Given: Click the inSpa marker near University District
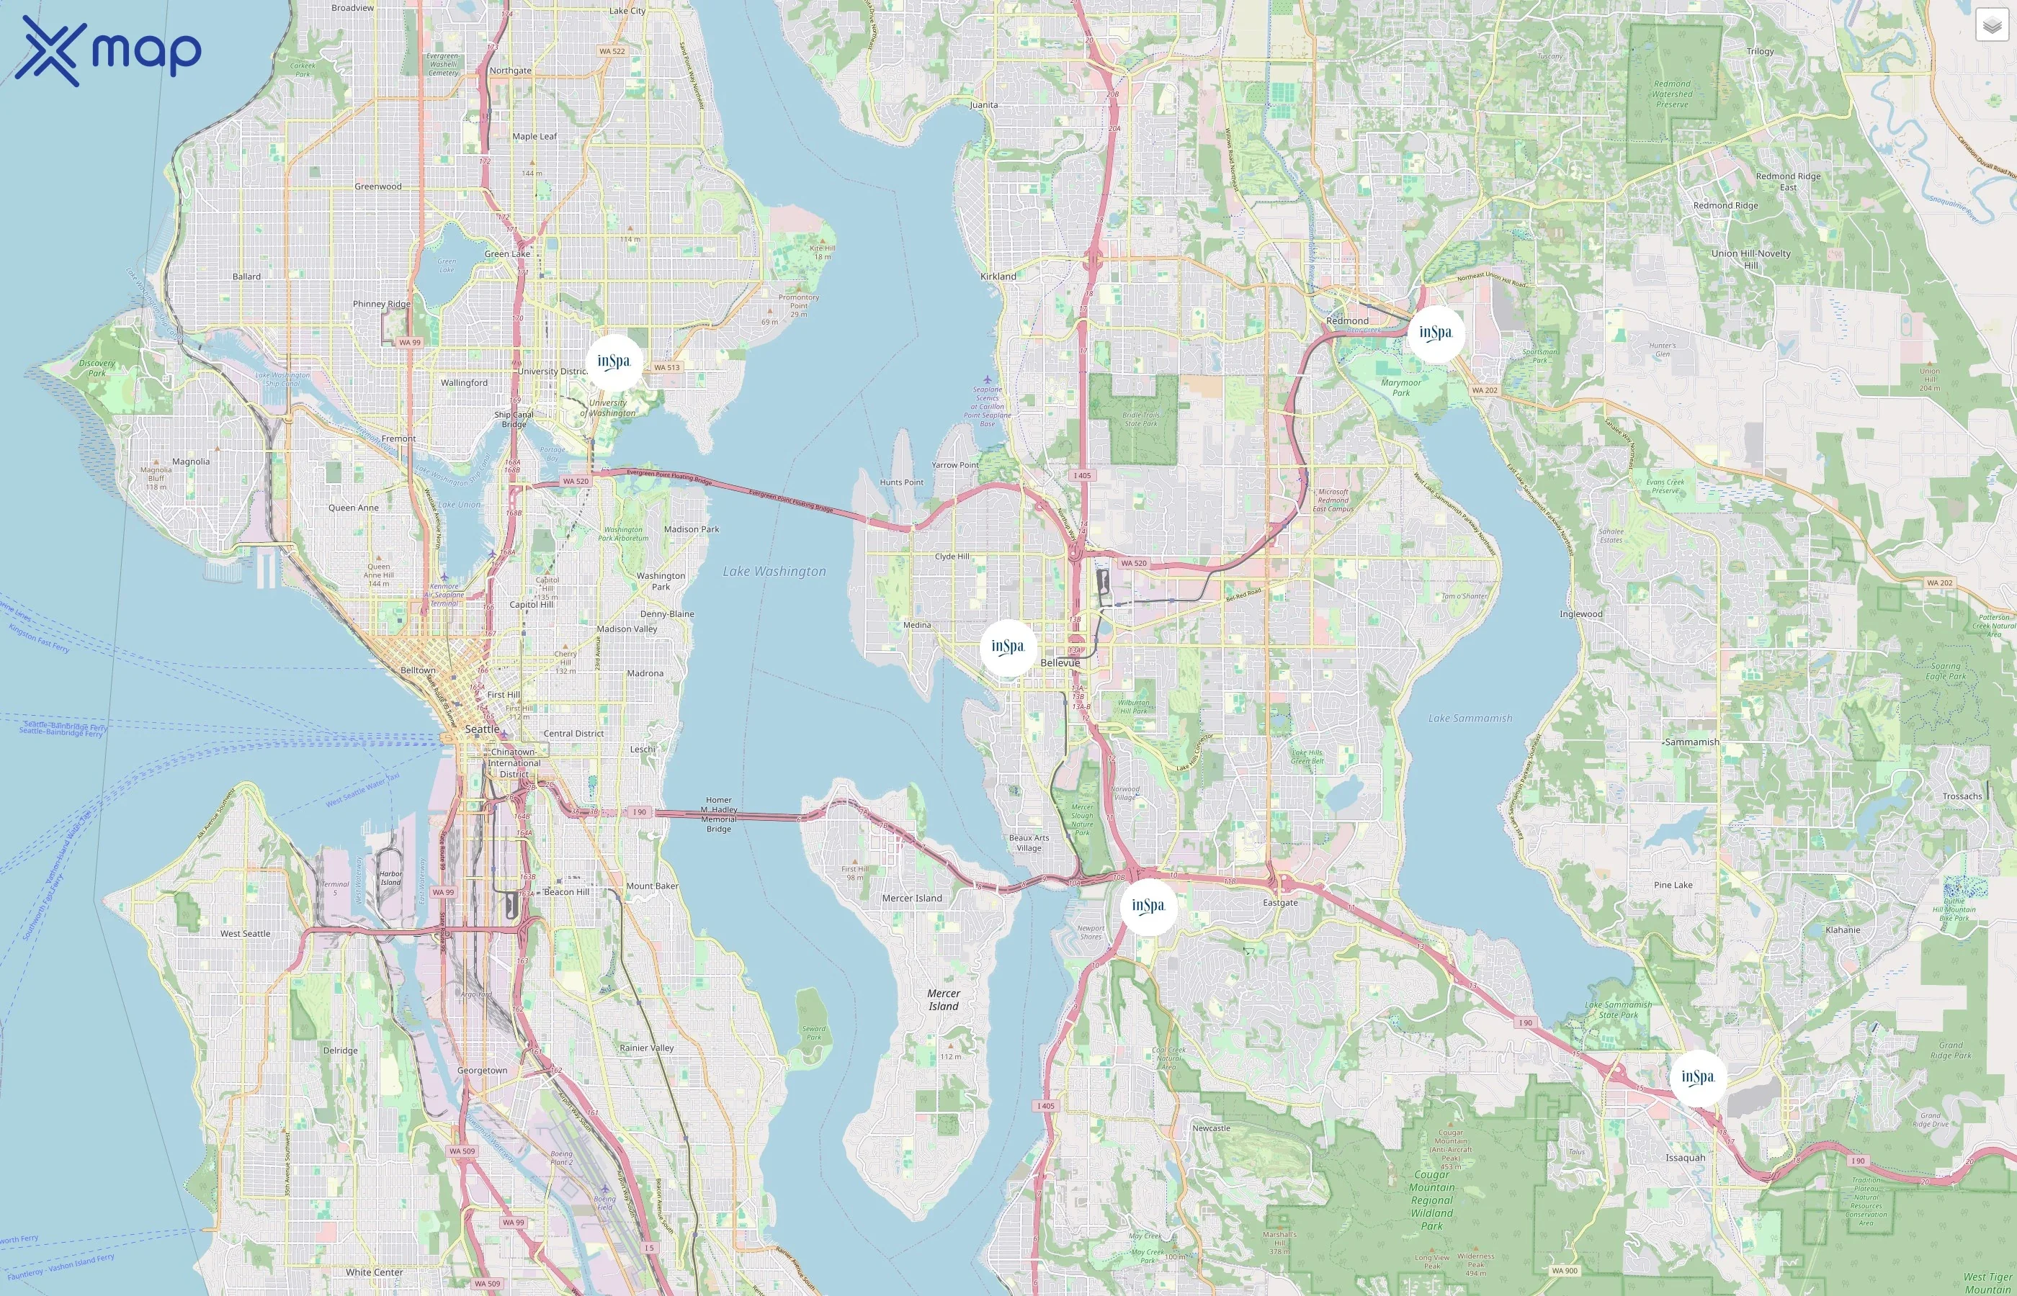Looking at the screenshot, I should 614,362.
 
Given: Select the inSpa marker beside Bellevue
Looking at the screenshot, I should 1008,647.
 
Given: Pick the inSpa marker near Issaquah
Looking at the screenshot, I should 1698,1077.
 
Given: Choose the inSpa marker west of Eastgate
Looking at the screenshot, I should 1148,906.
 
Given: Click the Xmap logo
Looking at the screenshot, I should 108,50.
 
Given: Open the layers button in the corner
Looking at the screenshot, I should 1992,26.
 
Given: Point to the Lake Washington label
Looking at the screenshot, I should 774,572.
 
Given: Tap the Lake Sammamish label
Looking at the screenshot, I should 1470,719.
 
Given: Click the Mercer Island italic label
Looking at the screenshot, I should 944,1000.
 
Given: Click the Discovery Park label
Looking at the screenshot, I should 97,369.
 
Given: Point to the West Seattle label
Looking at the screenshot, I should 245,934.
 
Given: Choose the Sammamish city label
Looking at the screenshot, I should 1692,742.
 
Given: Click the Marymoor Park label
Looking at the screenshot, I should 1401,388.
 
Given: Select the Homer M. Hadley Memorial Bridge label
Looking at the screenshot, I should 718,814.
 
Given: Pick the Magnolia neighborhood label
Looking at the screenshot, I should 191,462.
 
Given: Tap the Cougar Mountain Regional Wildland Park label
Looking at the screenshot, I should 1431,1200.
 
